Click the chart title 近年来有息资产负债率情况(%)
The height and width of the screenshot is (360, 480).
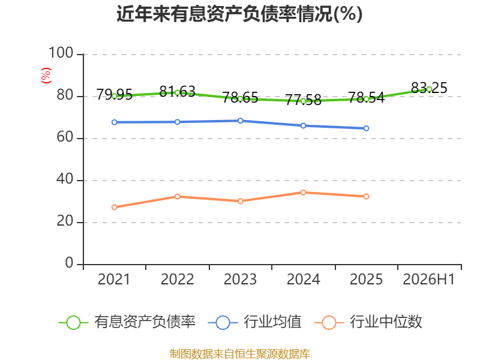pyautogui.click(x=239, y=14)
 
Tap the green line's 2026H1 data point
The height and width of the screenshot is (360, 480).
pyautogui.click(x=429, y=89)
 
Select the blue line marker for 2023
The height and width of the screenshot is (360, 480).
pyautogui.click(x=241, y=121)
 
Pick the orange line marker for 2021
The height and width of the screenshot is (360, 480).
pyautogui.click(x=115, y=207)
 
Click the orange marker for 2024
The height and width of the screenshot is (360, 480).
pyautogui.click(x=304, y=193)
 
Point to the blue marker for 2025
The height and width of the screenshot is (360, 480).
pyautogui.click(x=366, y=128)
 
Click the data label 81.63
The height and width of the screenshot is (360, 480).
pyautogui.click(x=177, y=92)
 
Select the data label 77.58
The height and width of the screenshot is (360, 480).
pyautogui.click(x=304, y=100)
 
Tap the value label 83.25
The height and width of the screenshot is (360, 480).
pyautogui.click(x=429, y=88)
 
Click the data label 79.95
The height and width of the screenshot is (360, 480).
pyautogui.click(x=115, y=94)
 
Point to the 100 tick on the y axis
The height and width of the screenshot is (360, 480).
pyautogui.click(x=61, y=53)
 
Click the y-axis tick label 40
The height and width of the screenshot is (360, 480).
pyautogui.click(x=65, y=179)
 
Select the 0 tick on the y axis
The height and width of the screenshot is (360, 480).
pyautogui.click(x=69, y=263)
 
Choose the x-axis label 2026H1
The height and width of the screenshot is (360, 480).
pyautogui.click(x=429, y=279)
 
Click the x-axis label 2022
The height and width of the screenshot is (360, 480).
pyautogui.click(x=177, y=279)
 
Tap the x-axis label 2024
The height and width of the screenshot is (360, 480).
pyautogui.click(x=304, y=279)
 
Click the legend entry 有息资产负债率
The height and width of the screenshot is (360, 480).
pyautogui.click(x=127, y=322)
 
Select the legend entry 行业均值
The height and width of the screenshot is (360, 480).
pyautogui.click(x=254, y=322)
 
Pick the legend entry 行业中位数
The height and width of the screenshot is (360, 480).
pyautogui.click(x=368, y=322)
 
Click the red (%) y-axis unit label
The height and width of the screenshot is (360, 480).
pyautogui.click(x=46, y=76)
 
